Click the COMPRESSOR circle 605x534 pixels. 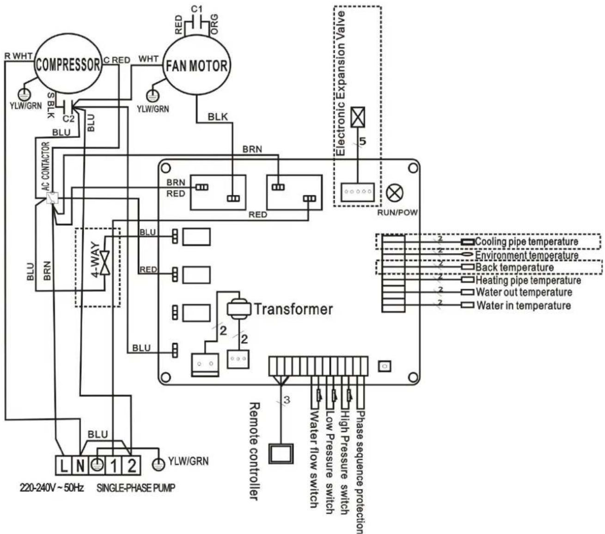pyautogui.click(x=67, y=64)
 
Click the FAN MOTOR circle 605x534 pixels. pyautogui.click(x=197, y=65)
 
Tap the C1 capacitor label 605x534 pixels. pyautogui.click(x=197, y=9)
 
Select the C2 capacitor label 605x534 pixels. pyautogui.click(x=68, y=118)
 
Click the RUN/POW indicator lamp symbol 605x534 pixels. pyautogui.click(x=394, y=193)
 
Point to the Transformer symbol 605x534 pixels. pyautogui.click(x=238, y=308)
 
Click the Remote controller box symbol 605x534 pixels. pyautogui.click(x=281, y=453)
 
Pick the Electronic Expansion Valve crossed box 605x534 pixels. pyautogui.click(x=358, y=117)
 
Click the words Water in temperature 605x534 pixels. pyautogui.click(x=523, y=305)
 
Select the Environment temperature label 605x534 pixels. pyautogui.click(x=526, y=255)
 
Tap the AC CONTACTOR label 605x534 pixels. pyautogui.click(x=45, y=167)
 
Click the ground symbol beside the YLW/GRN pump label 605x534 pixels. pyautogui.click(x=159, y=463)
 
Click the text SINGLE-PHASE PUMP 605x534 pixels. pyautogui.click(x=135, y=488)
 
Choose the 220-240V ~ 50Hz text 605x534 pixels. pyautogui.click(x=51, y=488)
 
